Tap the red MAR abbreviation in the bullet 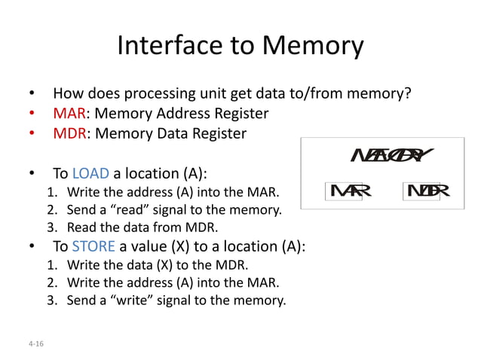[67, 114]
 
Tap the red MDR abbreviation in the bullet [68, 134]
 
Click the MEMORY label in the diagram [391, 155]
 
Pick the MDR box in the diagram [427, 191]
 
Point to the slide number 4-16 [34, 343]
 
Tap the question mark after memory [408, 95]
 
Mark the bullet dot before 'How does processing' [32, 96]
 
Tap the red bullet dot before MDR [32, 134]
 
